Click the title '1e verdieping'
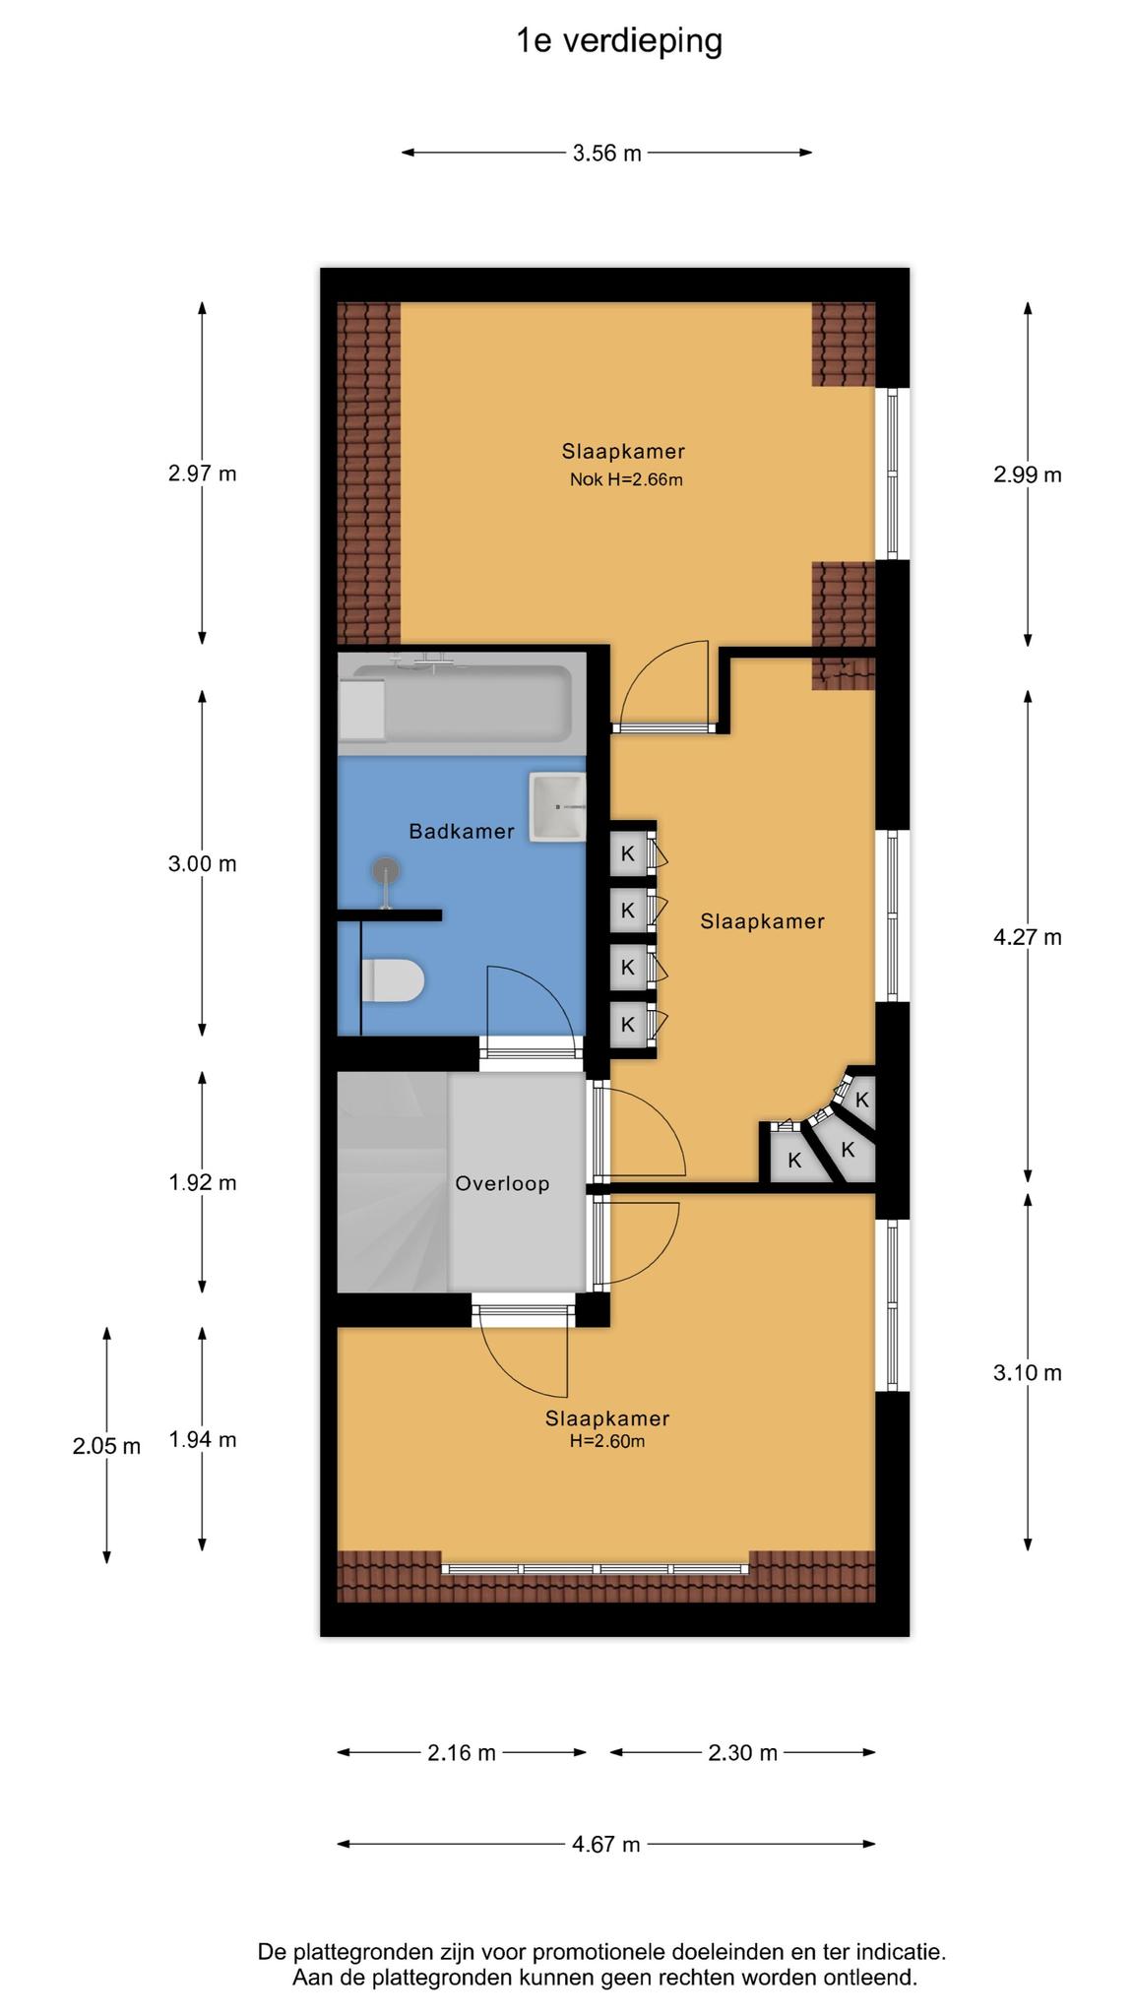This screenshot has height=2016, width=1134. pos(619,41)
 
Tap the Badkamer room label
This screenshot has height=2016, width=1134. pos(462,832)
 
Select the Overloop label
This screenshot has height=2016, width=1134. pos(502,1184)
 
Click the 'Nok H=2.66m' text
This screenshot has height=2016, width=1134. pos(626,480)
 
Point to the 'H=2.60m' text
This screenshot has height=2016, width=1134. pos(607,1442)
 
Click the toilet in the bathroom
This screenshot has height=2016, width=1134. pos(393,981)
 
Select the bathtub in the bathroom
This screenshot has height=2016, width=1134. pos(455,703)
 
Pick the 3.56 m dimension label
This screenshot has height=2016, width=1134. pos(607,154)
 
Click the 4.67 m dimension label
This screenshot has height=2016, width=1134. pos(606,1845)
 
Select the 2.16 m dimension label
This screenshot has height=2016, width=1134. pos(462,1753)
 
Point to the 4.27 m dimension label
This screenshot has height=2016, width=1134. pos(1028,937)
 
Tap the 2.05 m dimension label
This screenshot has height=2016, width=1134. pos(106,1447)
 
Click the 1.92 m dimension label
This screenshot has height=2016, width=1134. pos(203,1183)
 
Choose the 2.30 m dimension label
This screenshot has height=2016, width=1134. pos(743,1753)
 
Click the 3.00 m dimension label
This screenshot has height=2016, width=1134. pos(203,864)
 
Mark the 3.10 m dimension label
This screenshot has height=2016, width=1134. pos(1028,1373)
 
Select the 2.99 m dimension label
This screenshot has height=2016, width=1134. pos(1028,474)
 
